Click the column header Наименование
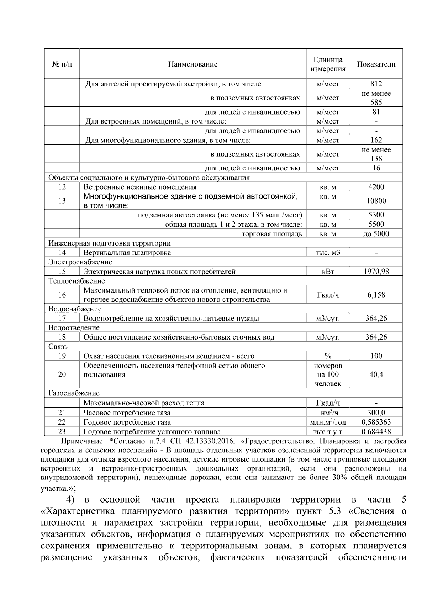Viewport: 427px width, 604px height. [193, 64]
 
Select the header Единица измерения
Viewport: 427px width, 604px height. [328, 64]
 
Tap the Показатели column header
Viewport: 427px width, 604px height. [376, 64]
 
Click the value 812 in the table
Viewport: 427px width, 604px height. [376, 84]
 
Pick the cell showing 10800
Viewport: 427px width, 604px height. [376, 201]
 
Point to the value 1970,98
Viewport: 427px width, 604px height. [376, 272]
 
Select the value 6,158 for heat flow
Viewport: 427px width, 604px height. [376, 295]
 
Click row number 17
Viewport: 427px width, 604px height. [62, 319]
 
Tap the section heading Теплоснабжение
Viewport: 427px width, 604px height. [77, 281]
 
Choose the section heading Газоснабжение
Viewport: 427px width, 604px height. [74, 393]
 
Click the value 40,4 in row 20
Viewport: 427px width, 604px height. [376, 374]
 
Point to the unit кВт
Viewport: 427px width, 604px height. [328, 272]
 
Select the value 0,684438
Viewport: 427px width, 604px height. [376, 432]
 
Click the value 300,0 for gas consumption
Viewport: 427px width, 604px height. [376, 413]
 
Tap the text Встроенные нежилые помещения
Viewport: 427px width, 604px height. [140, 187]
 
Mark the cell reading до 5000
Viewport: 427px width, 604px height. [376, 234]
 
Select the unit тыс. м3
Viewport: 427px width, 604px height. [328, 253]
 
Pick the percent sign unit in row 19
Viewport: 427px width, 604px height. [328, 356]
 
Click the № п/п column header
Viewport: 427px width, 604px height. [62, 64]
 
